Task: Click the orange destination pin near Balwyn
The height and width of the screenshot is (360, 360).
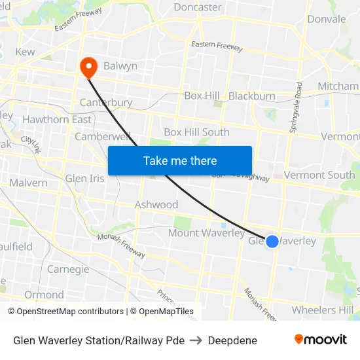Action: [x=88, y=66]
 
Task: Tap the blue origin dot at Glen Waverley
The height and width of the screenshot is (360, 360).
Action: [x=272, y=242]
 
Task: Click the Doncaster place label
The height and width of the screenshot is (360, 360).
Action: [x=198, y=7]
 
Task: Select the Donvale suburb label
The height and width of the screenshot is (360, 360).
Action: [x=326, y=19]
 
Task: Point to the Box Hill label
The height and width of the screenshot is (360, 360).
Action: [x=202, y=96]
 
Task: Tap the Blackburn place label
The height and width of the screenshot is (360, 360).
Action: [x=252, y=96]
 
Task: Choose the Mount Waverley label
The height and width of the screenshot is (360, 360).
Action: [x=206, y=233]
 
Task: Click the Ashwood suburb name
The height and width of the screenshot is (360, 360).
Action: [x=156, y=204]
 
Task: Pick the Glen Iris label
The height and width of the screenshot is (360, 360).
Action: [x=84, y=178]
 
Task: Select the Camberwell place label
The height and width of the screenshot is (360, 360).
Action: [x=102, y=137]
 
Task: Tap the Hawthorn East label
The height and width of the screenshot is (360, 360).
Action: [x=57, y=119]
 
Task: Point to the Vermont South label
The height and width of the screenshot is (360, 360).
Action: [x=319, y=175]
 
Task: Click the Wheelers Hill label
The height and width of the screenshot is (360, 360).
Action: [x=323, y=310]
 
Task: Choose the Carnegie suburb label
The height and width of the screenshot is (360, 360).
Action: [x=68, y=269]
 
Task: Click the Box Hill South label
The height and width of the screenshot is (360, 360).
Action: [x=196, y=132]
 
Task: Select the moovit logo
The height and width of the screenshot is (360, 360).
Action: [x=321, y=339]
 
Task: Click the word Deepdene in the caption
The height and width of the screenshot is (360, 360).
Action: [x=232, y=340]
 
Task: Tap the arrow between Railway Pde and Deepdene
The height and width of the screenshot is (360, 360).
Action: [x=196, y=340]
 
